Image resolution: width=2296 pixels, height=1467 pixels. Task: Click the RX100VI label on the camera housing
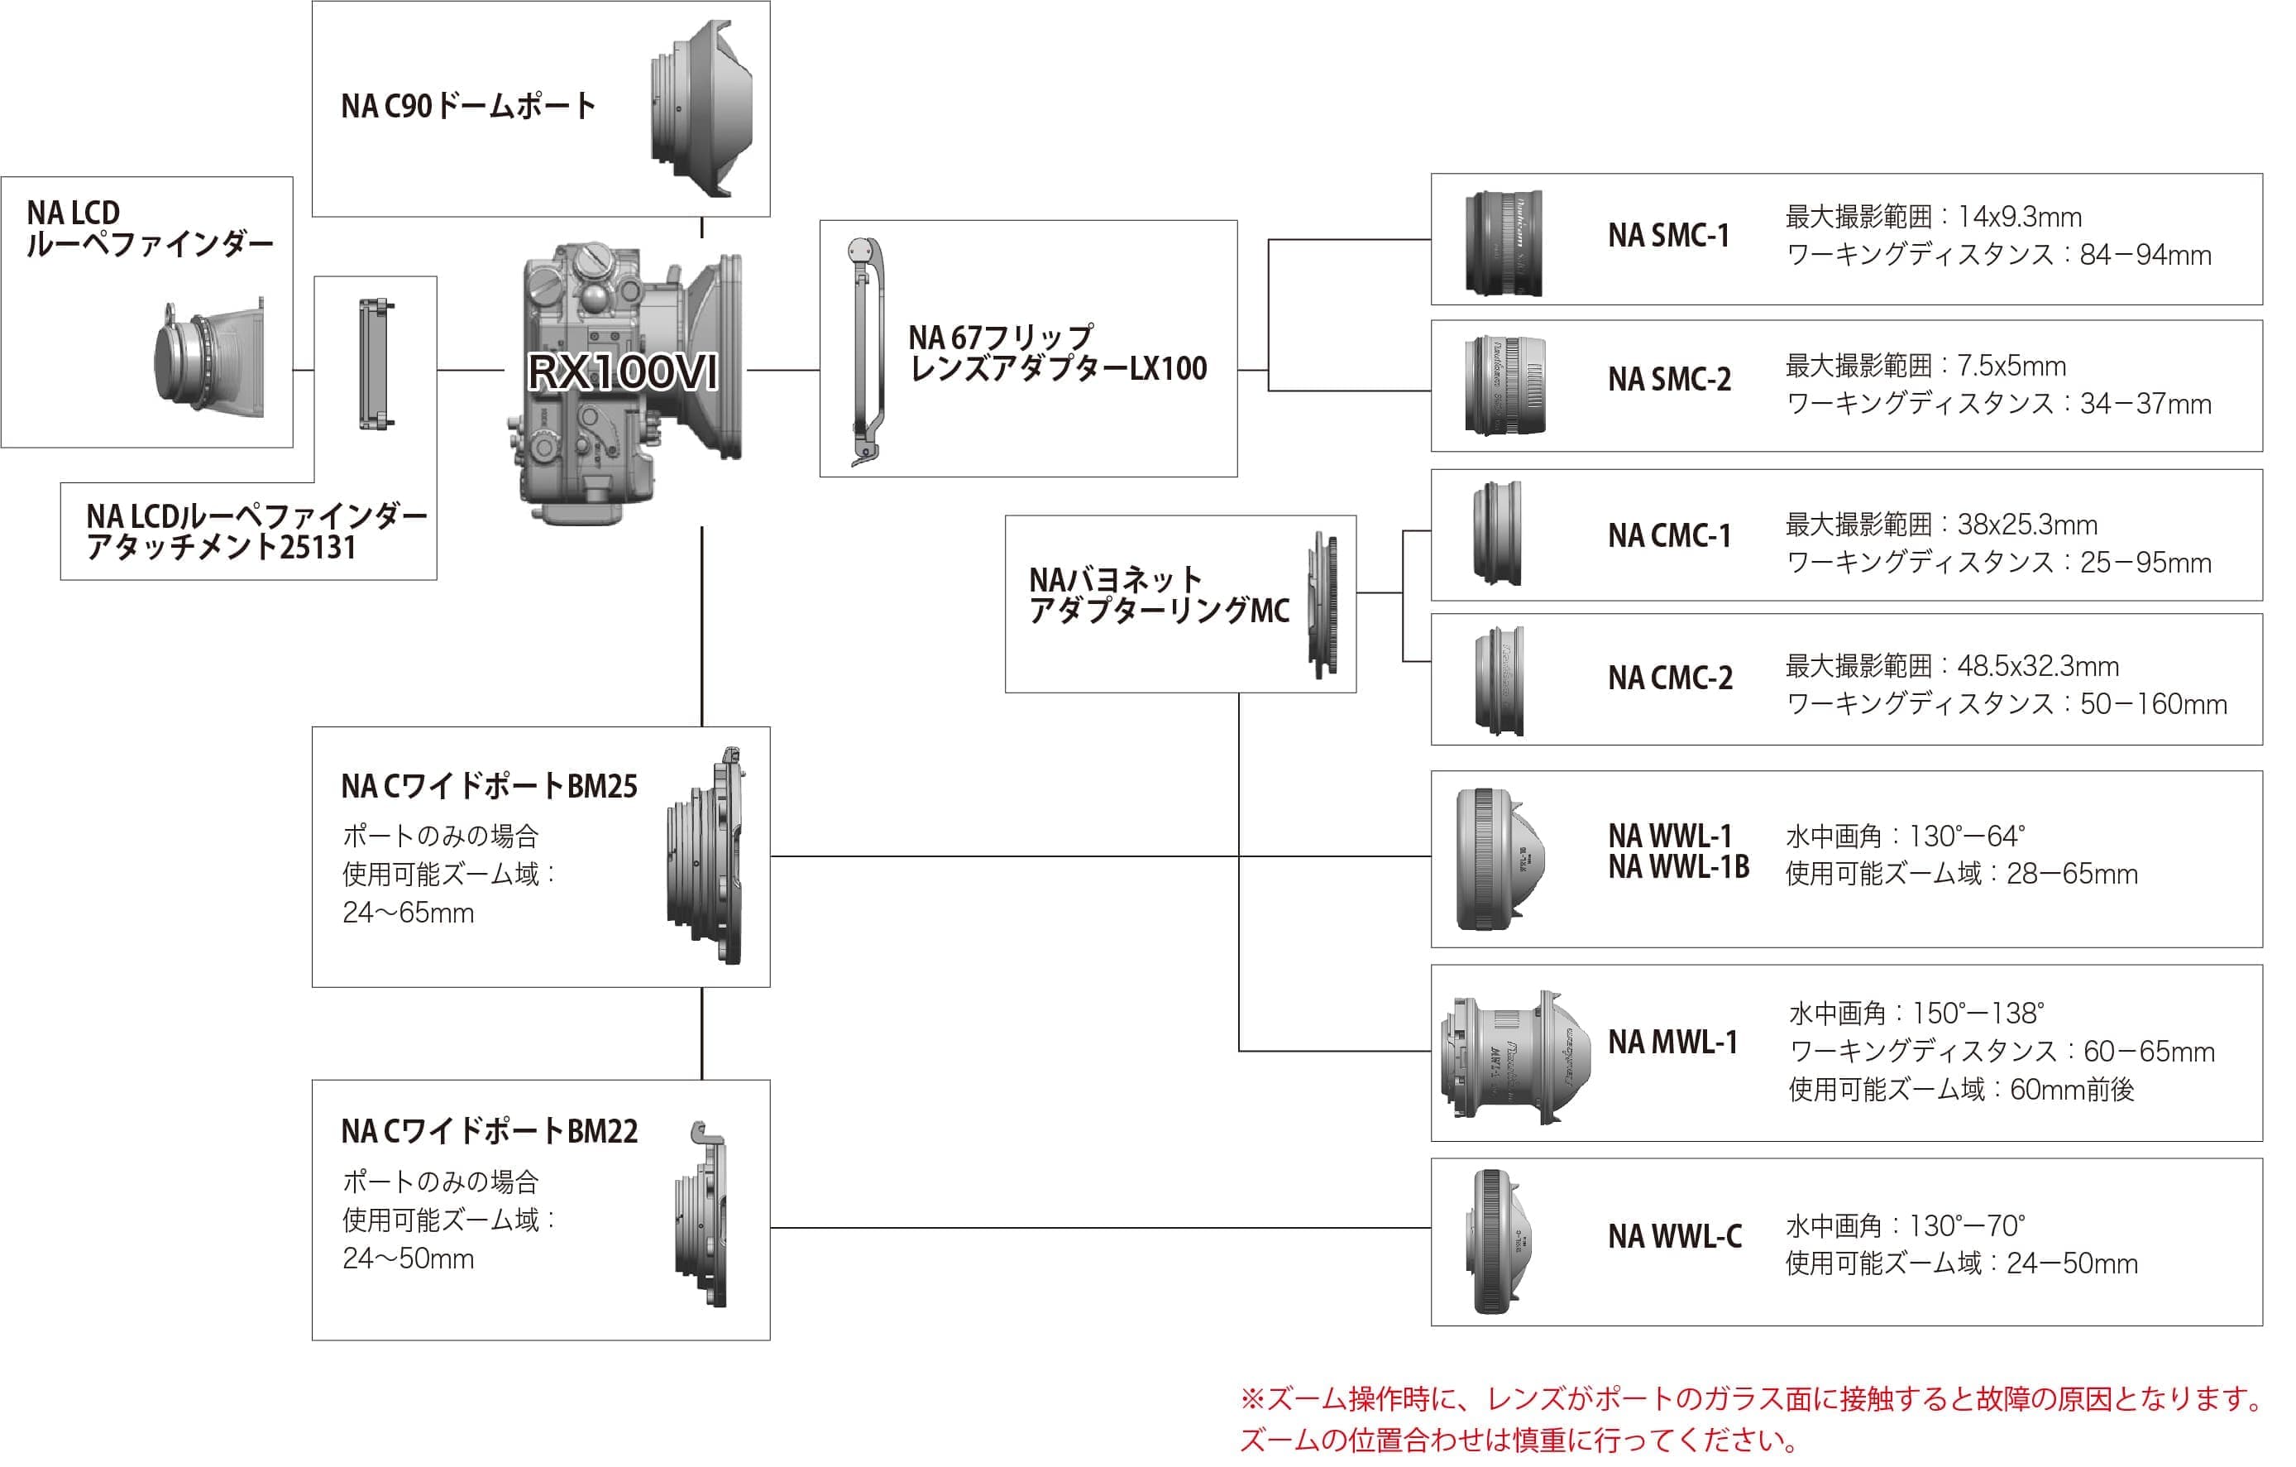pyautogui.click(x=623, y=372)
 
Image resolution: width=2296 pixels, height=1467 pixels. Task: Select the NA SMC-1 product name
pyautogui.click(x=1668, y=236)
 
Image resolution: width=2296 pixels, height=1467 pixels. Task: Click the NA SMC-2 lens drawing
pyautogui.click(x=1504, y=386)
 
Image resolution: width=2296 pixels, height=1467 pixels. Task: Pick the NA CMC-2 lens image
pyautogui.click(x=1499, y=680)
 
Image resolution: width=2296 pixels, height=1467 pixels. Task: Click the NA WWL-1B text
pyautogui.click(x=1678, y=867)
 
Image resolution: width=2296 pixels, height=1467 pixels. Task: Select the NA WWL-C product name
pyautogui.click(x=1674, y=1237)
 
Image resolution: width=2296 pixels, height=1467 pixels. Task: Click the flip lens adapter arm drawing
pyautogui.click(x=867, y=351)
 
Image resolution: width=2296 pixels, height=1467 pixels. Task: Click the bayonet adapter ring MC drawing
pyautogui.click(x=1323, y=606)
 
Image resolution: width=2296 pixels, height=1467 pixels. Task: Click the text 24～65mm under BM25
pyautogui.click(x=408, y=913)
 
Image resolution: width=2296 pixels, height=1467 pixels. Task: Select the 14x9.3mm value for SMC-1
pyautogui.click(x=2020, y=218)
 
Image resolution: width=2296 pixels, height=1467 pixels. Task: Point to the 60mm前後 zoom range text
pyautogui.click(x=2071, y=1089)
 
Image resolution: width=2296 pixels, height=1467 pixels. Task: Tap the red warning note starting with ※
pyautogui.click(x=1751, y=1399)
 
